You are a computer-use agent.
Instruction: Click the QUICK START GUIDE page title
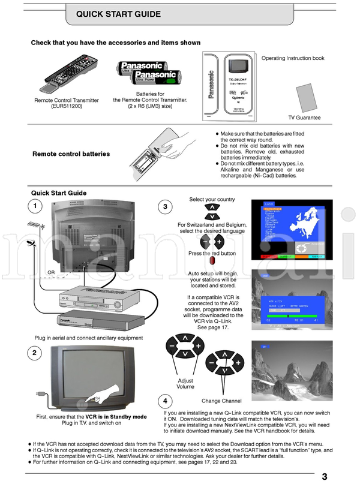[x=119, y=14]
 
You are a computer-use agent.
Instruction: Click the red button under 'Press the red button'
[x=211, y=262]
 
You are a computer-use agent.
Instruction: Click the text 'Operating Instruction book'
[x=293, y=59]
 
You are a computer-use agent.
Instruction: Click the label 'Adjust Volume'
[x=185, y=384]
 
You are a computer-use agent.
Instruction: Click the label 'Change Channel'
[x=221, y=401]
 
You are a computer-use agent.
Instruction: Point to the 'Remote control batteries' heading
[x=71, y=154]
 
